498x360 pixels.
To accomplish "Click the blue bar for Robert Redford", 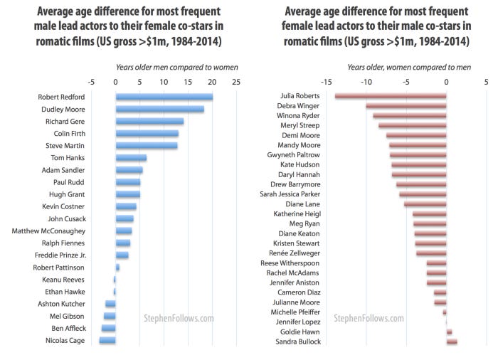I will click(x=164, y=97).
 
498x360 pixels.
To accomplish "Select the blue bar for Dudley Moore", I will click(x=159, y=109).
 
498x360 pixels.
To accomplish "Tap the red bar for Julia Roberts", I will click(x=391, y=96).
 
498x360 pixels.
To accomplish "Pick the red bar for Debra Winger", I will click(x=406, y=106).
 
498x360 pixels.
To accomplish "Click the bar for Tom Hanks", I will click(x=131, y=158).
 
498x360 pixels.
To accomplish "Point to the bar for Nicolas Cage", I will click(x=107, y=341).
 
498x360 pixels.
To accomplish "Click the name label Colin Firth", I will click(x=70, y=134).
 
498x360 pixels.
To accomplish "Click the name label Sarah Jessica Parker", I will click(x=290, y=194).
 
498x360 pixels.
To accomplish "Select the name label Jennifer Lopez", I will click(x=298, y=322).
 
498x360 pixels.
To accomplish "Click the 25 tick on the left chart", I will click(x=235, y=82).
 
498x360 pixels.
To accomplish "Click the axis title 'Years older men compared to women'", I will click(x=176, y=68).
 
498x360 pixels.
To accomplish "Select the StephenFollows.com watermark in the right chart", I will click(x=368, y=318).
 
